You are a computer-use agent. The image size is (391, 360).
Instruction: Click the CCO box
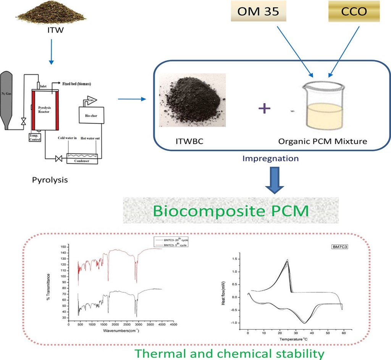click(x=353, y=12)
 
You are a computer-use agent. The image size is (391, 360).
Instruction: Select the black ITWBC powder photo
click(x=192, y=101)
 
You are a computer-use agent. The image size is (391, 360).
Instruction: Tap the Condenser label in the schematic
click(x=81, y=161)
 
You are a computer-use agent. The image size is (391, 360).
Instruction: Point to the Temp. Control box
click(x=35, y=137)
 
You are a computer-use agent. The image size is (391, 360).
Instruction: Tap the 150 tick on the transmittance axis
click(x=63, y=247)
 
